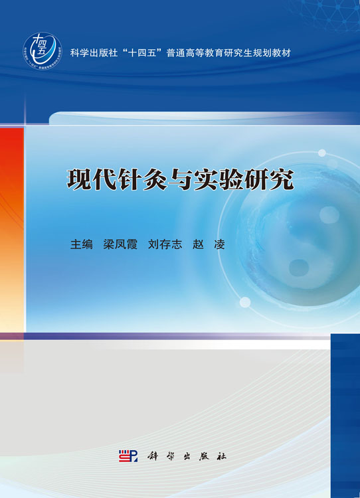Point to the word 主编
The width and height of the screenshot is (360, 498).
point(82,244)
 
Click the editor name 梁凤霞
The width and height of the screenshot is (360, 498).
point(120,244)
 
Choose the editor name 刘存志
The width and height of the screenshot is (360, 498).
point(165,244)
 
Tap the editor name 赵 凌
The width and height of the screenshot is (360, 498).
point(208,244)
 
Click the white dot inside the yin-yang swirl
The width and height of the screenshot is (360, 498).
point(329,214)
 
